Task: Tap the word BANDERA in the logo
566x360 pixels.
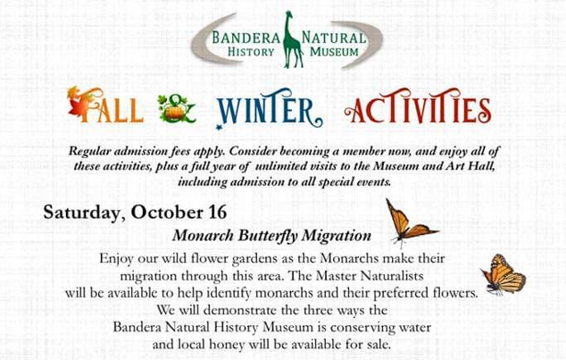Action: point(246,38)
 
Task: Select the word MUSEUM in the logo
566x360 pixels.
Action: point(334,52)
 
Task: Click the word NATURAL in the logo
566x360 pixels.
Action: point(334,38)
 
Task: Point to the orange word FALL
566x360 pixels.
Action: point(105,105)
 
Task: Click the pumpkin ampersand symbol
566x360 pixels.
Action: point(177,109)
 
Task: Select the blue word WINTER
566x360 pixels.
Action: point(269,108)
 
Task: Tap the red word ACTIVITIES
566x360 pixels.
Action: point(418,106)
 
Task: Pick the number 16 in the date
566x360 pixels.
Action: point(218,213)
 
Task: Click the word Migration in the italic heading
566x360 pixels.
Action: point(337,236)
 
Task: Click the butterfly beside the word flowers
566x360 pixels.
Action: point(504,274)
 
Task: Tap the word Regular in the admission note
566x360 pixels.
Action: point(89,151)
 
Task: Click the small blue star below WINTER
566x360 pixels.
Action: point(219,126)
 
